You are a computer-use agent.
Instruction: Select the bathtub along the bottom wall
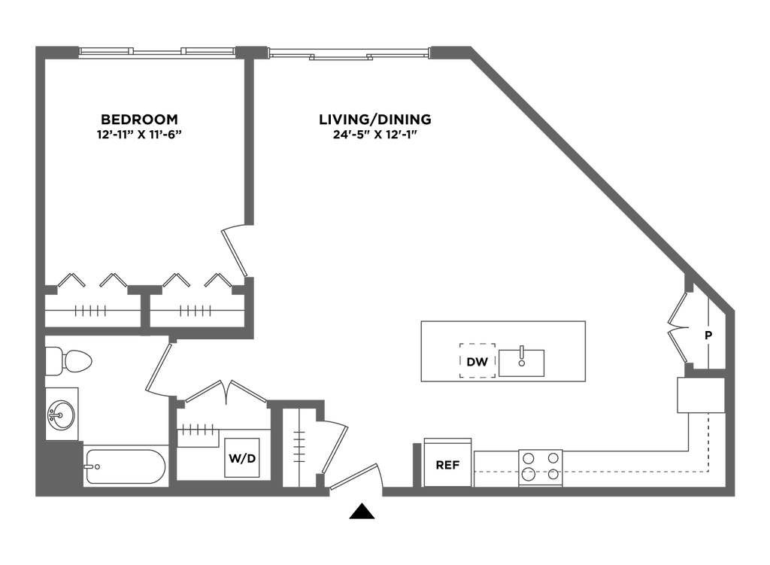click(125, 466)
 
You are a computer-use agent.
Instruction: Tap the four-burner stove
click(540, 466)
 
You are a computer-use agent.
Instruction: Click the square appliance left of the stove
click(447, 461)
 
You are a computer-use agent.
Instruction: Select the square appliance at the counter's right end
click(699, 395)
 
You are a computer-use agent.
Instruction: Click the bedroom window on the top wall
click(156, 52)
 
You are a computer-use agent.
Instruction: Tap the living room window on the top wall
click(348, 53)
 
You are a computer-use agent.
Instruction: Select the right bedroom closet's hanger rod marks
click(196, 311)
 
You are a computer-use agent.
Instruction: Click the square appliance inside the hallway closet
click(242, 457)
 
